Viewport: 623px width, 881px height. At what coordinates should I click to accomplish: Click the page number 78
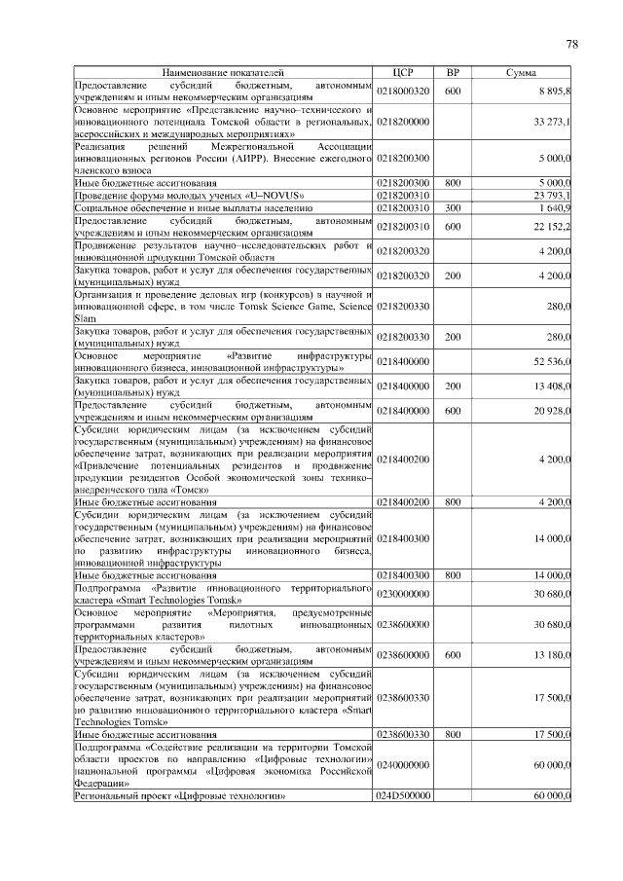click(571, 44)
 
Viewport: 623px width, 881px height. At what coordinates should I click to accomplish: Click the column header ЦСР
click(403, 73)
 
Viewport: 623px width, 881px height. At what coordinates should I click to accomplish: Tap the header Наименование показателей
click(224, 73)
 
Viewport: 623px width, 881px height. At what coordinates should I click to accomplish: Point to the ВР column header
click(453, 73)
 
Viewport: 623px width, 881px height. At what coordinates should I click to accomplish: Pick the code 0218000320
click(403, 91)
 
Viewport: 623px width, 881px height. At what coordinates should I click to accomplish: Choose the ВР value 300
click(453, 207)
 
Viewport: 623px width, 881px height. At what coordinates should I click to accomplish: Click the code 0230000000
click(403, 593)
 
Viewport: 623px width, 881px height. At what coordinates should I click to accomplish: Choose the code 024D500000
click(403, 796)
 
